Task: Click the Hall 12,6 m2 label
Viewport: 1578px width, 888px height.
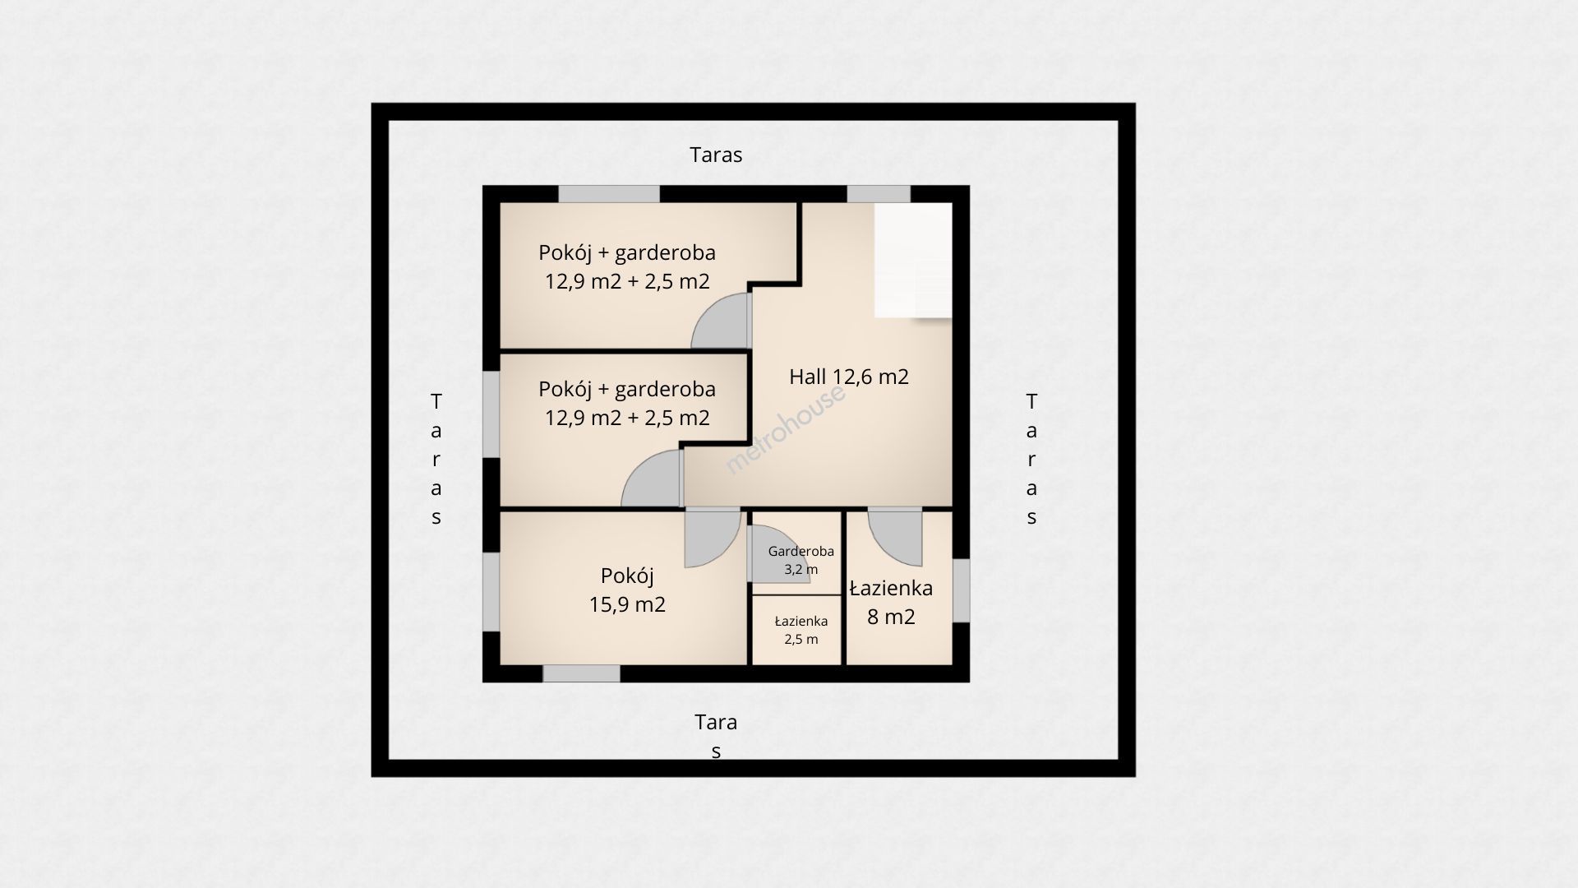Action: tap(849, 377)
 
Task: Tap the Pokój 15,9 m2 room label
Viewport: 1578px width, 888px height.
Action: tap(627, 590)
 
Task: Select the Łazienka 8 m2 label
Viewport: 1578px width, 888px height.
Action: tap(891, 602)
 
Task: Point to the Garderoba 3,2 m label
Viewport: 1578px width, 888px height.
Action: tap(801, 560)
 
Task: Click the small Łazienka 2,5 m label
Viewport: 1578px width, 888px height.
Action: tap(801, 630)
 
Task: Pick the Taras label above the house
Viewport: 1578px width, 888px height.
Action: tap(716, 155)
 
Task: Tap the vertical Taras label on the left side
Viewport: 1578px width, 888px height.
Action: tap(436, 459)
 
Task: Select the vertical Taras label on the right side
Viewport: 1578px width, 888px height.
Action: tap(1031, 459)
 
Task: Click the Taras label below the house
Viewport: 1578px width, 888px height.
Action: tap(716, 736)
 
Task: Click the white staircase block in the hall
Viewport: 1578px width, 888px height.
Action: tap(913, 261)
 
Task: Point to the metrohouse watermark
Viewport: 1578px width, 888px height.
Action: tap(785, 429)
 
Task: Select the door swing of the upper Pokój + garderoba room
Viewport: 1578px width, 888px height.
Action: tap(722, 320)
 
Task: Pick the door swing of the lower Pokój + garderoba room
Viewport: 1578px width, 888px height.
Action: tap(652, 479)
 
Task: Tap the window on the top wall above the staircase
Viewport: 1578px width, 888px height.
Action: tap(879, 194)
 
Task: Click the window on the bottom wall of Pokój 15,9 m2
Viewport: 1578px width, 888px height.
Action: tap(581, 673)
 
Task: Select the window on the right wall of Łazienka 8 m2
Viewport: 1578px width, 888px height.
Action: tap(961, 590)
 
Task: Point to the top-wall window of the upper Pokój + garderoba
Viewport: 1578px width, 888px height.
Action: tap(609, 194)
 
